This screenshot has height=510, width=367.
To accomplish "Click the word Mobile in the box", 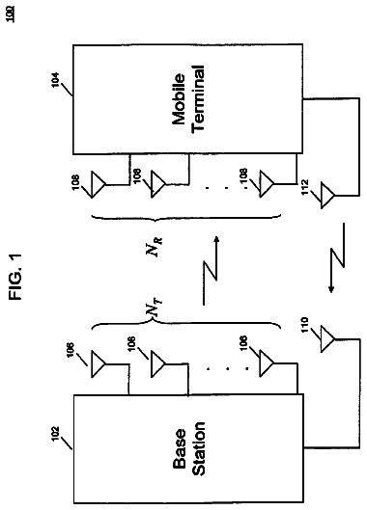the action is point(179,99).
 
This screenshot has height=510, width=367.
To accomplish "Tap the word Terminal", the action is point(199,98).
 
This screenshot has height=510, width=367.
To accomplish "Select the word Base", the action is point(180,449).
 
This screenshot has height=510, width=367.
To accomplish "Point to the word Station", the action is point(199,449).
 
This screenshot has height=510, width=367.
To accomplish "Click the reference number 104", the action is point(55,80).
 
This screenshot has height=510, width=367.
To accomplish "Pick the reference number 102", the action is point(55,434).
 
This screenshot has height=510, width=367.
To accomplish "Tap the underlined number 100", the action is point(12,16).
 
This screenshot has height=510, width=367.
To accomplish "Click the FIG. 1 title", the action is point(15,277).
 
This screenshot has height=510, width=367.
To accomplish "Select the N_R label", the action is point(155,247).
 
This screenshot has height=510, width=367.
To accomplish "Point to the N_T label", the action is point(155,308).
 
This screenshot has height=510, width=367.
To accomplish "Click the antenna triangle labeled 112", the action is point(327,196).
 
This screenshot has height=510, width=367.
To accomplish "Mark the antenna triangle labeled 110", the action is point(327,339).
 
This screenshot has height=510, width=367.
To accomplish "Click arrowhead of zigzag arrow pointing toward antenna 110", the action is point(331,290).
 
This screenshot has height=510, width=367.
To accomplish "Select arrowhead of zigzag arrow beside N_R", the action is point(216,239).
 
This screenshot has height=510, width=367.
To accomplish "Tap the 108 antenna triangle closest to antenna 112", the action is point(266,184).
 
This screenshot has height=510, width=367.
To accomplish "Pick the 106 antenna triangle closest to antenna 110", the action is point(266,363).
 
